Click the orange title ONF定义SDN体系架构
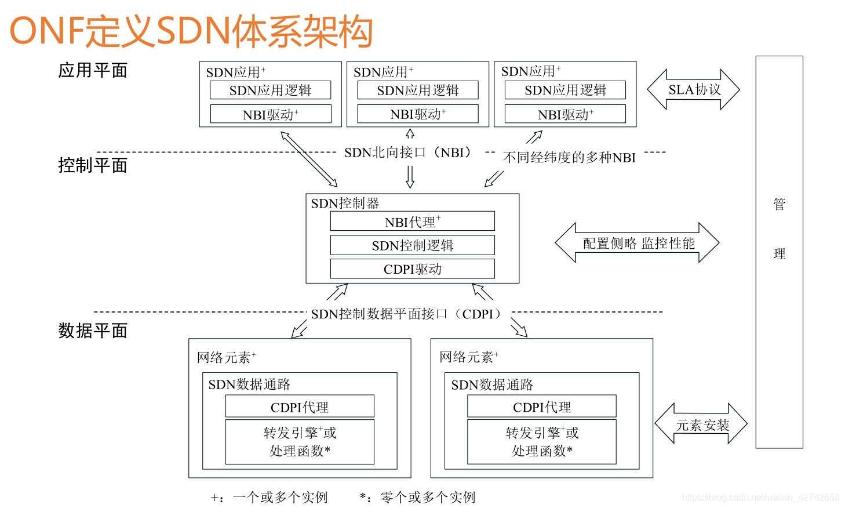click(191, 31)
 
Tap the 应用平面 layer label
click(93, 71)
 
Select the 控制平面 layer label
click(93, 165)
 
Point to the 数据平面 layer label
click(93, 331)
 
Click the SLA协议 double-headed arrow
click(694, 90)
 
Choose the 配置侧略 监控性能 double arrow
click(638, 243)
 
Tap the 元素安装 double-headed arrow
click(701, 424)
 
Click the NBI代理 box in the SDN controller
click(412, 222)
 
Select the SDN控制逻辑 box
click(412, 245)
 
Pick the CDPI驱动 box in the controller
click(412, 269)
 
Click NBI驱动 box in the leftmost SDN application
click(271, 114)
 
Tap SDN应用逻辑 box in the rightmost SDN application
click(565, 90)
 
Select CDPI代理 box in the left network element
click(300, 407)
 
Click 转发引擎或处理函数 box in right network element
click(542, 442)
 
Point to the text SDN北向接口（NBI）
click(409, 153)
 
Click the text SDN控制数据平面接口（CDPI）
click(409, 314)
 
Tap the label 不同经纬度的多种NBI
click(569, 158)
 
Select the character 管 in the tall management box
click(779, 204)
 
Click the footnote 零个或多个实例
click(428, 497)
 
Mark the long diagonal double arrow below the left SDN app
click(309, 159)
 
